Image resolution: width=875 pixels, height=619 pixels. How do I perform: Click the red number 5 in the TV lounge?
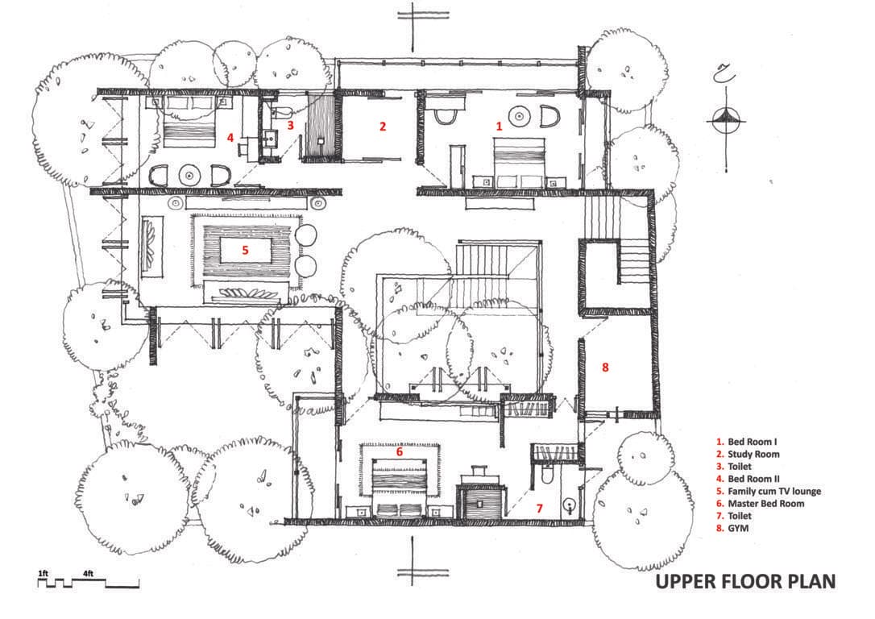coord(245,250)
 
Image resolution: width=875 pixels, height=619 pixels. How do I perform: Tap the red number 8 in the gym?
coord(605,368)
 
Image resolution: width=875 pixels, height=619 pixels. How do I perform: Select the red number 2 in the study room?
coord(382,127)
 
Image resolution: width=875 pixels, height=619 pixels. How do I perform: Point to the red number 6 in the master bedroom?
coord(400,451)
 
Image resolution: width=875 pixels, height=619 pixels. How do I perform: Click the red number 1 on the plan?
coord(499,127)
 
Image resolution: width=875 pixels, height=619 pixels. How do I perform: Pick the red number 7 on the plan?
coord(539,509)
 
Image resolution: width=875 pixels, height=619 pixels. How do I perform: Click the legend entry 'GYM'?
coord(738,528)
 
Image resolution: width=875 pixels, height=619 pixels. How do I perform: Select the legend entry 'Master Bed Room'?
coord(766,504)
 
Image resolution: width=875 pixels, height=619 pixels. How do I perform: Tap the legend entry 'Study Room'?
coord(753,455)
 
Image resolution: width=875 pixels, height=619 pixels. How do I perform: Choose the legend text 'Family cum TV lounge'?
coord(774,491)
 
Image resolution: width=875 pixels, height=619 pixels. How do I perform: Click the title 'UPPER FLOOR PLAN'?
coord(745,582)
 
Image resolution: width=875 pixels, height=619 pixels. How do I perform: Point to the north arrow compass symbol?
coord(726,120)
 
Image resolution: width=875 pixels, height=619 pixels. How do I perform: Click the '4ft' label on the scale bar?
coord(88,573)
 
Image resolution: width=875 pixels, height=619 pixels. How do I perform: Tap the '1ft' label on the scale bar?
coord(43,573)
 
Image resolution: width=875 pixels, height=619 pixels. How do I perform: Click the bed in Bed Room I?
coord(519,162)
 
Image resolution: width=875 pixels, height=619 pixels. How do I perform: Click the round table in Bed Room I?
coord(520,116)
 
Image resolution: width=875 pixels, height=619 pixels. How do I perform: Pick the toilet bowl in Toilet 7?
coord(547,476)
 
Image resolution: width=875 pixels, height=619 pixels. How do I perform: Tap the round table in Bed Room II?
coord(189,175)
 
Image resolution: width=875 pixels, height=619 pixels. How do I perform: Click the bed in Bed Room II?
coord(189,122)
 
